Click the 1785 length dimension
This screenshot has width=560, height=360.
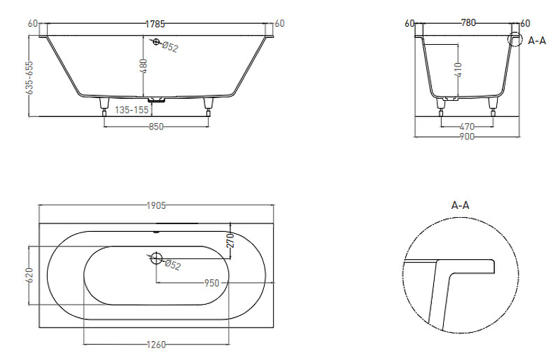[x=155, y=24]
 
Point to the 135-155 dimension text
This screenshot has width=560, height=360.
[x=132, y=110]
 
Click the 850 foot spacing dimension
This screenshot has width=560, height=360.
[x=156, y=127]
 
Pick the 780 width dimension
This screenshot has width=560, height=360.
[x=468, y=23]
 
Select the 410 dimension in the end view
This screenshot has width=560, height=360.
[x=458, y=70]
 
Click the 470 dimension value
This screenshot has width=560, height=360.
[x=467, y=127]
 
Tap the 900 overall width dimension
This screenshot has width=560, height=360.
[x=467, y=137]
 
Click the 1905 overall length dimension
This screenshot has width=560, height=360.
[x=156, y=205]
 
